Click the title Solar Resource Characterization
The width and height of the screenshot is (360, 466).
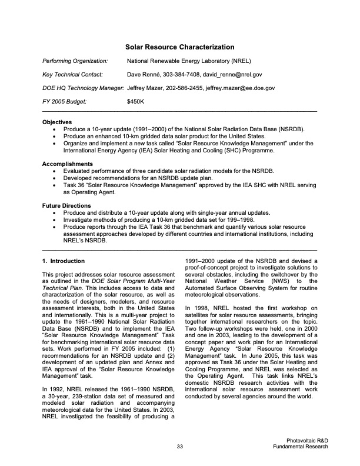(x=180, y=47)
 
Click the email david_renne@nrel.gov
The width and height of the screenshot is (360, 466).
(x=233, y=75)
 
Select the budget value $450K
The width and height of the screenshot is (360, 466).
(x=136, y=102)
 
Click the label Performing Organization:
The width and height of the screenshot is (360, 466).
(x=75, y=61)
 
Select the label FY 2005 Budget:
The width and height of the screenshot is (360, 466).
(x=65, y=102)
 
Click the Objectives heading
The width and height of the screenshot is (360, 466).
(x=57, y=122)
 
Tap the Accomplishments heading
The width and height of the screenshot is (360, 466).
(x=67, y=164)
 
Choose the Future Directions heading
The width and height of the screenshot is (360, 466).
(x=66, y=205)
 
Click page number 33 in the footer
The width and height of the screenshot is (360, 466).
(x=180, y=447)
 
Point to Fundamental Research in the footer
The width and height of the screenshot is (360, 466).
(x=301, y=447)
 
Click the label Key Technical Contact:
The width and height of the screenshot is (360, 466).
(x=73, y=75)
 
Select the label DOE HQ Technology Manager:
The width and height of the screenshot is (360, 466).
(x=83, y=88)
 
